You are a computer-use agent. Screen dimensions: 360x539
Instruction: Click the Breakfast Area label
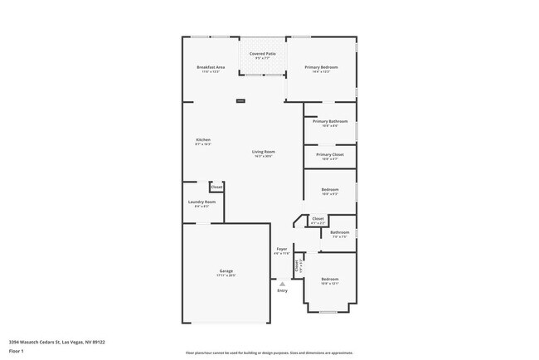211,66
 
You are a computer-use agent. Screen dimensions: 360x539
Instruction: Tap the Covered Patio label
262,53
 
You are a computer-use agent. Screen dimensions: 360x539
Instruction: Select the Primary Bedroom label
320,66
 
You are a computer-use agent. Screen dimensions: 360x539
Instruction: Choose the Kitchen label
203,139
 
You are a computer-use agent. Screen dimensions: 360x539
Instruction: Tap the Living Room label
264,152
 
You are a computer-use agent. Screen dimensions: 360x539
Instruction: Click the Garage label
226,271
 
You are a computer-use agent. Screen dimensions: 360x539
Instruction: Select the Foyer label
282,248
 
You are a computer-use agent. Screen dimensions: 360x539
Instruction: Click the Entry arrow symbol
282,284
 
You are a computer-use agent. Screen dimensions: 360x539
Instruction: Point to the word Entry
282,290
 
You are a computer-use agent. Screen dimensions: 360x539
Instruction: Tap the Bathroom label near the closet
339,232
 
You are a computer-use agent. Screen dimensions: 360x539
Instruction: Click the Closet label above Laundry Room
216,187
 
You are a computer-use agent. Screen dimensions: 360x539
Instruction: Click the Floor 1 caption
16,351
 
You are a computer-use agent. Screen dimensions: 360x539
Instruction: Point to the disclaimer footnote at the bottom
269,353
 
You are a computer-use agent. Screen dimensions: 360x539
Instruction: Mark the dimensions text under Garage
226,275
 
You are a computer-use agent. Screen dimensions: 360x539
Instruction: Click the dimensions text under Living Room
264,156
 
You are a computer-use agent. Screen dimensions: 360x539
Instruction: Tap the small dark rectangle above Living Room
240,101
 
